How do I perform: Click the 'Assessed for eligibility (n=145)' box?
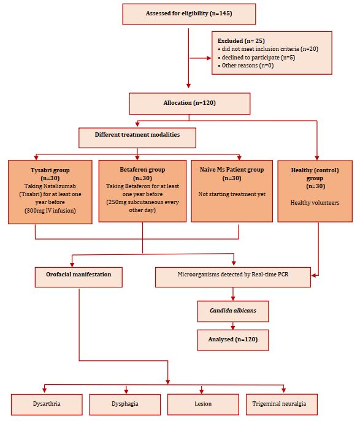coord(189,14)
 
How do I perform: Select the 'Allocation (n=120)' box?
coord(190,104)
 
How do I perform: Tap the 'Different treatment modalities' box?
coord(137,138)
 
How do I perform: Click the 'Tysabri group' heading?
coord(50,170)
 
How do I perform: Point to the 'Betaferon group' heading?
coord(142,170)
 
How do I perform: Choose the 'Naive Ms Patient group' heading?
coord(232,170)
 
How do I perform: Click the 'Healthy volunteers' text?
coord(315,202)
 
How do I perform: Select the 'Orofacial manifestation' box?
coord(79,277)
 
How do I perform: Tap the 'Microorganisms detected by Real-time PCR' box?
coord(233,277)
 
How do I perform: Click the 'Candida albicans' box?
coord(233,311)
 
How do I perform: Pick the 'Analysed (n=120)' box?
coord(233,340)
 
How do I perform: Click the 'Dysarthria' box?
coord(47,404)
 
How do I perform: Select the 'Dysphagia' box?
coord(125,404)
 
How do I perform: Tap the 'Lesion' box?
coord(203,404)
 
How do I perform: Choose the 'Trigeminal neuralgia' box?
coord(281,404)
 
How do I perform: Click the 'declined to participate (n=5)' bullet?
coord(256,58)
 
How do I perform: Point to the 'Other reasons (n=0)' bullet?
coord(246,66)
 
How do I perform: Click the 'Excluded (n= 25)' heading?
coord(241,41)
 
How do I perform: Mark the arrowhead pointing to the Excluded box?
coord(209,58)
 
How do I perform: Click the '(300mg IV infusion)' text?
coord(50,211)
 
